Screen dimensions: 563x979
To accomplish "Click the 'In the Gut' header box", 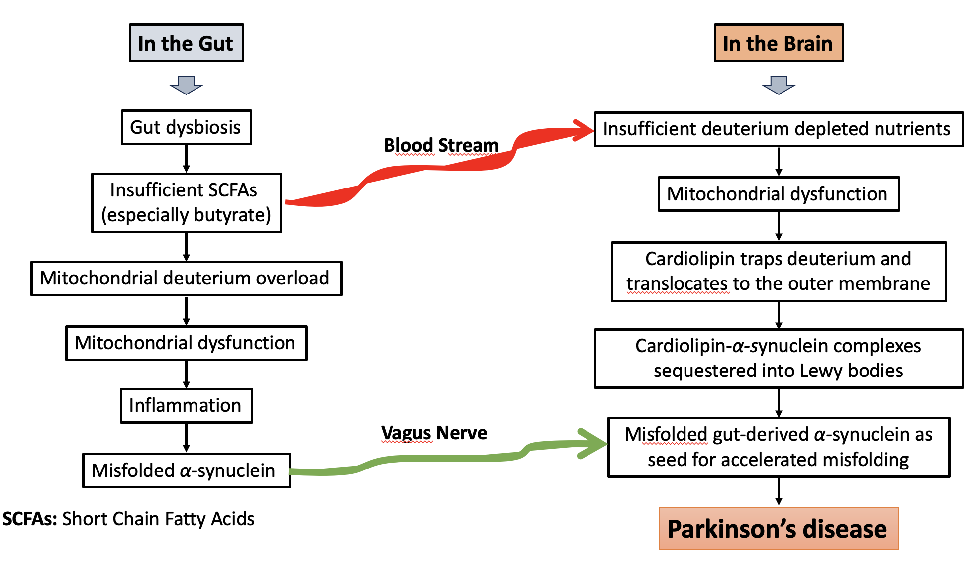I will [186, 43].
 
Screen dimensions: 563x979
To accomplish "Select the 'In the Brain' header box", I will [778, 43].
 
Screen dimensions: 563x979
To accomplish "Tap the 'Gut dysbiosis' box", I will [186, 127].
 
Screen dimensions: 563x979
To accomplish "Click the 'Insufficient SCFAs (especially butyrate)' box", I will [186, 202].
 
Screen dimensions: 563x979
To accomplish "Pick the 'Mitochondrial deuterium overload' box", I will [186, 278].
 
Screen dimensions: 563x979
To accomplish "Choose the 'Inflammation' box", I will [186, 405].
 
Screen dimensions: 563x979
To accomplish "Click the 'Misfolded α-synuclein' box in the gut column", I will [186, 470].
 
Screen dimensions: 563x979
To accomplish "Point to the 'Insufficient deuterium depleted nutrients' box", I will [778, 129].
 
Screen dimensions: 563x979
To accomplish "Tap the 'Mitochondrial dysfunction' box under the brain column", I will [778, 193].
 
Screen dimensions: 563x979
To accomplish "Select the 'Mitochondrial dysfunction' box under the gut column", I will [186, 343].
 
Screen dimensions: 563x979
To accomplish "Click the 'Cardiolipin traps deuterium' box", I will [778, 272].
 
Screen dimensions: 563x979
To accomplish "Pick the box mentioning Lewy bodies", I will [778, 358].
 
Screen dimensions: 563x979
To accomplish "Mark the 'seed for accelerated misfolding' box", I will [778, 447].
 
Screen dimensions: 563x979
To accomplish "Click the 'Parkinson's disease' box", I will [778, 528].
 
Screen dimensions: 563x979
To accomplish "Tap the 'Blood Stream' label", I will [441, 145].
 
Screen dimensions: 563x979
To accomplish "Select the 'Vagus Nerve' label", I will [434, 433].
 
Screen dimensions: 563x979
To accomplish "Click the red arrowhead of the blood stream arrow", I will [585, 130].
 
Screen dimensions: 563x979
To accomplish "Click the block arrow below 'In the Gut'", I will [186, 85].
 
